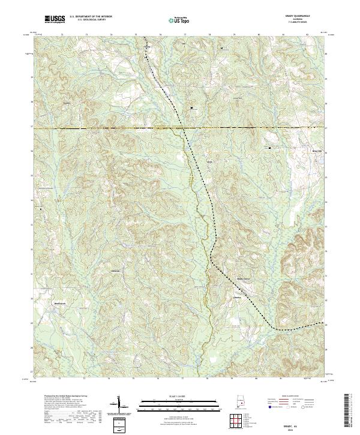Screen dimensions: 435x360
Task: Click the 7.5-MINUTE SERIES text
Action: (x=302, y=23)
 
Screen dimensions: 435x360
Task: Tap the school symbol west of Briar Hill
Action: (x=269, y=147)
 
